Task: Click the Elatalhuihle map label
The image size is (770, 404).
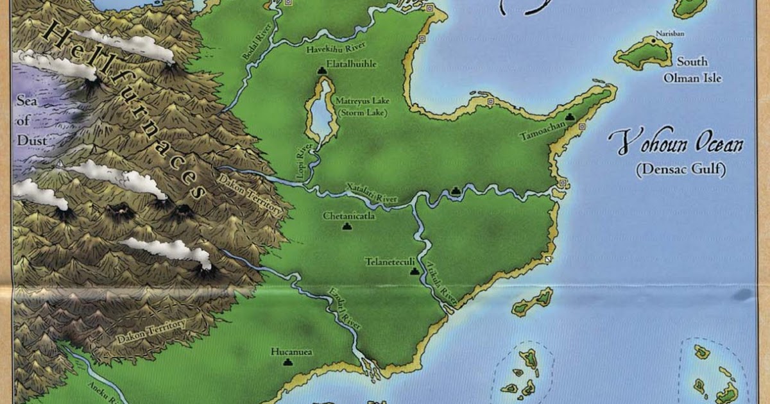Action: pos(351,65)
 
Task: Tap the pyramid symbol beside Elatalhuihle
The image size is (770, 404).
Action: pos(321,68)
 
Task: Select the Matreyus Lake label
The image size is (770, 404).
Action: pos(363,101)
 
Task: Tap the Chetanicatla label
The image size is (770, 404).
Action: pos(349,216)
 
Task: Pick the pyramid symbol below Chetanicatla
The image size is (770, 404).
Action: pos(348,226)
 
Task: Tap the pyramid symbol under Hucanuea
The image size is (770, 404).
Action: pos(286,362)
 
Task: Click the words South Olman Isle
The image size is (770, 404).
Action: pos(693,70)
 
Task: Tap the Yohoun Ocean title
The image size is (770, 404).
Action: pos(677,142)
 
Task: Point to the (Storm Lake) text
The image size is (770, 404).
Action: pos(363,112)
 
